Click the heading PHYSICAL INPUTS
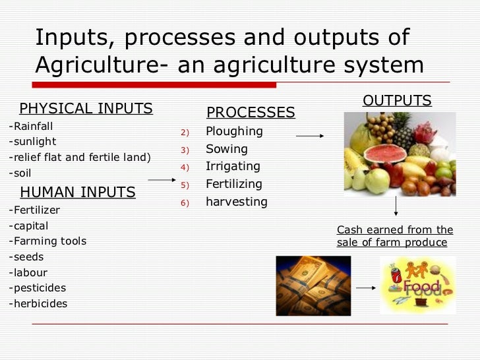pos(86,108)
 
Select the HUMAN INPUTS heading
pos(78,193)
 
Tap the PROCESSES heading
pos(251,113)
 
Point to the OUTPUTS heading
pos(397,101)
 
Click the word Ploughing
pos(234,131)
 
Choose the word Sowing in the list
pos(227,149)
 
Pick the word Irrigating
pos(233,166)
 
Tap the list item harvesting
pos(236,202)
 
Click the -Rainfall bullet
pos(31,125)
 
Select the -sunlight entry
pos(32,141)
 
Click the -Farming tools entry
pos(47,241)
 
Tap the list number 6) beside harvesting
pos(185,203)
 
